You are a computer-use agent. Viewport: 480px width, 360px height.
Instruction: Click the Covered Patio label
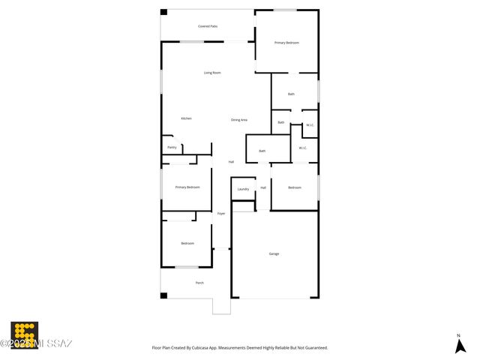coord(208,26)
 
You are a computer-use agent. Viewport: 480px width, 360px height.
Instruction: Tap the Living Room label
coord(212,73)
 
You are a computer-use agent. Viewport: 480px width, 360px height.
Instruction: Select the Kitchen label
coord(186,118)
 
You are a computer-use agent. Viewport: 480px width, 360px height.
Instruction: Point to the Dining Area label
coord(239,120)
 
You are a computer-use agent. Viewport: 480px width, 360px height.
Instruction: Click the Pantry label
coord(172,147)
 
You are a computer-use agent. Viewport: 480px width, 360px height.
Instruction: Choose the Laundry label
coord(243,189)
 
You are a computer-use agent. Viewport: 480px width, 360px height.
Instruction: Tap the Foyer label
coord(221,214)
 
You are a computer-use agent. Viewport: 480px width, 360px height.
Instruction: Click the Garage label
coord(274,253)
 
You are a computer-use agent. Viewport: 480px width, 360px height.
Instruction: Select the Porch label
coord(199,283)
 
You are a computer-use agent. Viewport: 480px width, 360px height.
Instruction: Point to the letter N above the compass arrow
coord(458,334)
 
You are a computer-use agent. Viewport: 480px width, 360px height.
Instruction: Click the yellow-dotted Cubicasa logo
coord(24,334)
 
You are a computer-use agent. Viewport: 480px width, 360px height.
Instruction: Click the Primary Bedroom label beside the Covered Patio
coord(286,43)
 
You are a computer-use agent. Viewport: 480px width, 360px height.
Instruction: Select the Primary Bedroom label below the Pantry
coord(187,187)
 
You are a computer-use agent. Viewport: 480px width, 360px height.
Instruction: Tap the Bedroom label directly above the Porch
coord(187,243)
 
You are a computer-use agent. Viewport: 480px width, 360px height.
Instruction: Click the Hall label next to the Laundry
coord(263,187)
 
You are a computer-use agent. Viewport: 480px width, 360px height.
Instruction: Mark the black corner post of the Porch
coord(163,295)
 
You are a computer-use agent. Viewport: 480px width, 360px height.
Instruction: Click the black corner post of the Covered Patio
coord(164,12)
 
